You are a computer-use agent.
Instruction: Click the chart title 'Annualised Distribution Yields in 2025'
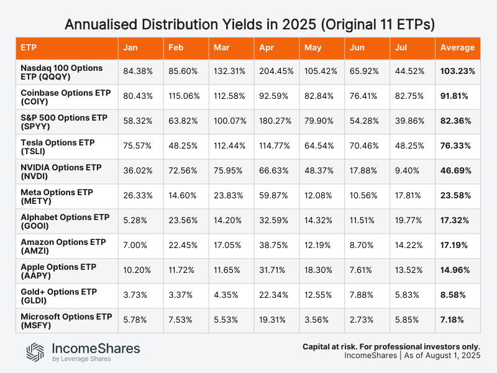[248, 25]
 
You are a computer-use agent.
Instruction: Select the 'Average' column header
[457, 48]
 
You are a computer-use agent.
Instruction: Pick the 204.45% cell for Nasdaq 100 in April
[277, 71]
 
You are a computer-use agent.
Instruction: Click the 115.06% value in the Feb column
[185, 96]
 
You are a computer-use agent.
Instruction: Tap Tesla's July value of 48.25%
[411, 146]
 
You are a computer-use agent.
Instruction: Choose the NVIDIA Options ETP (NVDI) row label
[57, 171]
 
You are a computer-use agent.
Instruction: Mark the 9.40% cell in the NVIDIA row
[408, 171]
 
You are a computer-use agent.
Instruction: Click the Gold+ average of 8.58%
[455, 295]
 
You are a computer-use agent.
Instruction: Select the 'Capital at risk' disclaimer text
[391, 346]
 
